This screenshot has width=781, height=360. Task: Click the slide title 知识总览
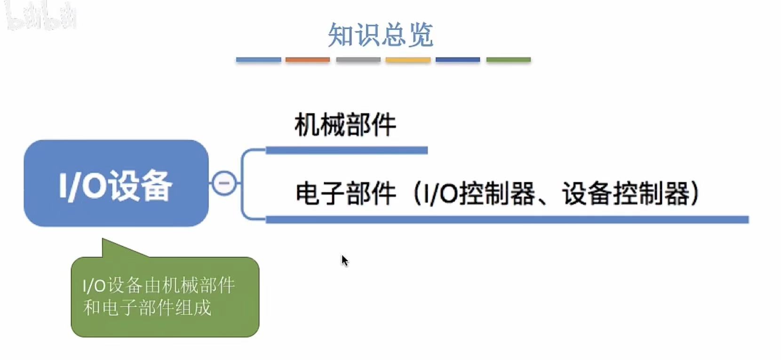point(380,34)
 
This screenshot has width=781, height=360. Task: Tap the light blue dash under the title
point(258,60)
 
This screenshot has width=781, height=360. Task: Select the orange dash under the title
point(308,60)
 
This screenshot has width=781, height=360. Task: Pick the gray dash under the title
point(358,60)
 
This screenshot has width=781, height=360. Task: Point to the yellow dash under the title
point(408,60)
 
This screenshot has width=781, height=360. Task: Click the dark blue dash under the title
point(458,60)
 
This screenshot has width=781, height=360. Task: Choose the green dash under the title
point(508,60)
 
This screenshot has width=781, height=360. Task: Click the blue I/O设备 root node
point(116,184)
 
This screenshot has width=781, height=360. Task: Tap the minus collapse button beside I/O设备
point(224,183)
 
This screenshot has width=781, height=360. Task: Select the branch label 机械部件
point(345,125)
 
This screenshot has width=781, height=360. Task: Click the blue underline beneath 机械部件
point(346,150)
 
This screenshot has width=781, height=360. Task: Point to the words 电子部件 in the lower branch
point(345,193)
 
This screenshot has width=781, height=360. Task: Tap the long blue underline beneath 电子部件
point(507,219)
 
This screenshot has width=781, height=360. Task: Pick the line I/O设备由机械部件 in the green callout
point(159,286)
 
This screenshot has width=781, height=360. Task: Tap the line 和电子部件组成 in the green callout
point(147,308)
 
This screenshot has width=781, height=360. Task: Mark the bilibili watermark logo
point(41,16)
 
